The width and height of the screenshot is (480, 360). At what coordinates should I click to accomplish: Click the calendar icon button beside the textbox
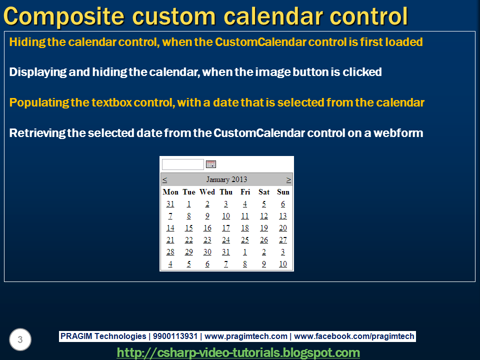click(x=211, y=164)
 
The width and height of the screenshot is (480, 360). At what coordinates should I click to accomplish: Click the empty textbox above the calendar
click(x=183, y=164)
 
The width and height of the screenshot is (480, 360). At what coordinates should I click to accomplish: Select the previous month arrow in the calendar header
click(x=164, y=179)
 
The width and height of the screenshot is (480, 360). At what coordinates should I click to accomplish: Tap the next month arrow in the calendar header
click(x=288, y=179)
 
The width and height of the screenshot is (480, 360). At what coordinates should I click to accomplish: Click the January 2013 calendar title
click(x=226, y=179)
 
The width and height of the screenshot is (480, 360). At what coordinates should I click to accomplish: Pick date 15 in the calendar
click(x=189, y=228)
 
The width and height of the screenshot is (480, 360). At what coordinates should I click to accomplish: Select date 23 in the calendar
click(x=207, y=240)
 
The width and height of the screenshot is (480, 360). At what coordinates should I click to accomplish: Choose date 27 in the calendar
click(x=283, y=240)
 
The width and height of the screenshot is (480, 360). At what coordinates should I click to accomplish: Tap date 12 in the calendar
click(x=264, y=216)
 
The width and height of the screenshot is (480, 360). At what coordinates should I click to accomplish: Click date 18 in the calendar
click(x=245, y=228)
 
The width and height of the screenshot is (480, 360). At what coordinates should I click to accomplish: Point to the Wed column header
click(x=207, y=192)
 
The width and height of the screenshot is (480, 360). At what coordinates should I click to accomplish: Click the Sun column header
click(x=283, y=192)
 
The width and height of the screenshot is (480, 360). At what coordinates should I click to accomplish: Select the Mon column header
click(x=170, y=192)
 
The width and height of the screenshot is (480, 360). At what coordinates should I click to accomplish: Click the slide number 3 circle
click(x=20, y=339)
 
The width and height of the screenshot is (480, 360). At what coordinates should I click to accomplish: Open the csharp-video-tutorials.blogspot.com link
click(x=238, y=352)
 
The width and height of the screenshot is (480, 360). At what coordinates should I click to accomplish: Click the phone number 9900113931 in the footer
click(x=175, y=336)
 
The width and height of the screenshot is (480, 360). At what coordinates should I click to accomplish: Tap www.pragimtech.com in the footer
click(x=246, y=336)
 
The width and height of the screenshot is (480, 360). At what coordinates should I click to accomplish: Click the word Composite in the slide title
click(x=64, y=16)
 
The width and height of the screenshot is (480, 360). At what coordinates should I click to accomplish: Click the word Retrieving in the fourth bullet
click(x=37, y=133)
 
